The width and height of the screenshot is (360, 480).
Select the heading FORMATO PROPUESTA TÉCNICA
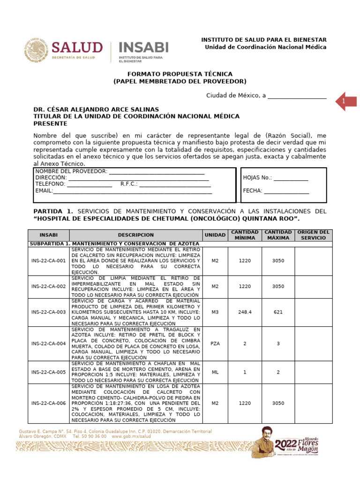180,74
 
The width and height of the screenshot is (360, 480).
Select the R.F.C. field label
129,184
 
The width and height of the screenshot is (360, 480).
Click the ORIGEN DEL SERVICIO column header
314,235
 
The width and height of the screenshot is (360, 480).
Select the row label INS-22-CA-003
48,312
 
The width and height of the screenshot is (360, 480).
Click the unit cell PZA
215,344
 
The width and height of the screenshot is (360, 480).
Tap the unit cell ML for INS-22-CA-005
215,372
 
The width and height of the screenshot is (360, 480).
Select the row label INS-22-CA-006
48,403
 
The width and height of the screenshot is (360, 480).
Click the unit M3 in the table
215,312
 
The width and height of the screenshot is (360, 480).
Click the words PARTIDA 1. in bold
53,211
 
